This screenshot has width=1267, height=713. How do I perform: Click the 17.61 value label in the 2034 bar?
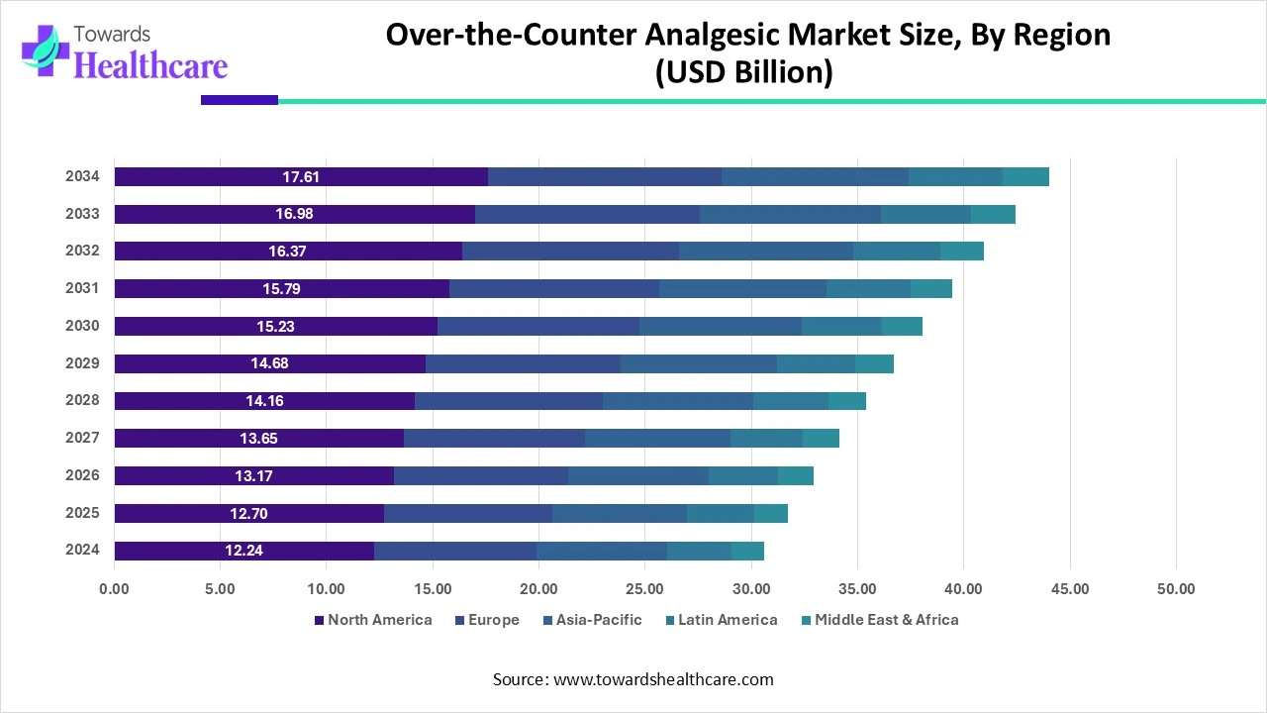[301, 177]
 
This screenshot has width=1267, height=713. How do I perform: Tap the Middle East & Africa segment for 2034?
[1025, 177]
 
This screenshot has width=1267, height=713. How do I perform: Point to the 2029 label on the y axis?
[82, 363]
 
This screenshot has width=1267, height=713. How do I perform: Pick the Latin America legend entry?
[726, 620]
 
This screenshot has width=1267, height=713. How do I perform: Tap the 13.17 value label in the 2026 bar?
[253, 476]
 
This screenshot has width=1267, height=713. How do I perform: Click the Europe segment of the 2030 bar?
[538, 326]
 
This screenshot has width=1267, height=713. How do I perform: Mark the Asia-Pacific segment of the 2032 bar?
[766, 252]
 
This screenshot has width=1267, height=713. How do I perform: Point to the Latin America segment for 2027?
[766, 438]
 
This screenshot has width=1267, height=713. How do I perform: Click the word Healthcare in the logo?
[150, 65]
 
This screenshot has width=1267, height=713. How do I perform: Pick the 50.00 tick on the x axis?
[1175, 589]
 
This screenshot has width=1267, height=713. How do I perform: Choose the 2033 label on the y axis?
[82, 214]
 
